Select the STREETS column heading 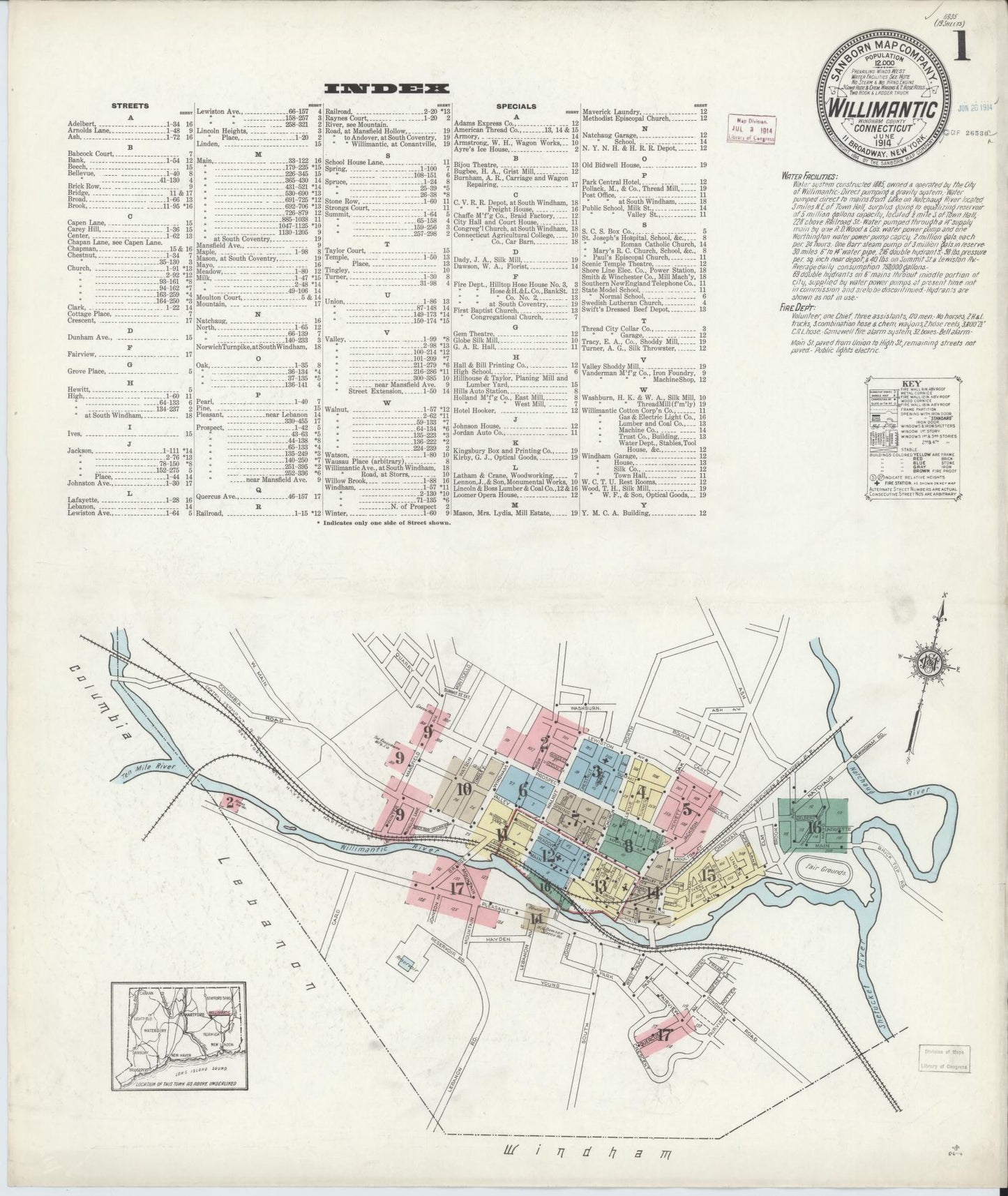click(x=130, y=106)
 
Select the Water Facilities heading click(x=811, y=177)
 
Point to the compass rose click(x=934, y=659)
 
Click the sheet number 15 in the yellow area click(x=708, y=876)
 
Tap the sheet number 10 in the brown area click(x=463, y=789)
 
